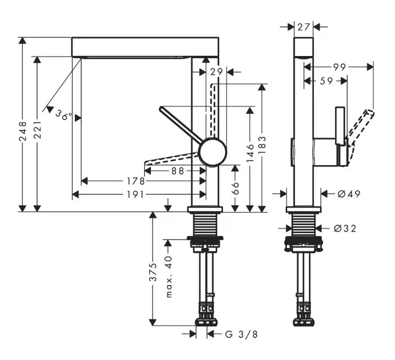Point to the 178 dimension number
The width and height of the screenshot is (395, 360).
(x=135, y=181)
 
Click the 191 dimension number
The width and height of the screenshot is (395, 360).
(x=135, y=195)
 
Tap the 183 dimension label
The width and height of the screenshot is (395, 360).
(x=262, y=146)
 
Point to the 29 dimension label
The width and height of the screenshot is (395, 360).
(x=216, y=71)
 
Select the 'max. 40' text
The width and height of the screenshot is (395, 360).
(x=169, y=275)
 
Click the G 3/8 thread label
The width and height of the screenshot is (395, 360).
(x=236, y=334)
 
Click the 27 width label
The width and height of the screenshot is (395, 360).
(x=304, y=26)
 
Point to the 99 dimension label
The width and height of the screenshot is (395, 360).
(x=340, y=67)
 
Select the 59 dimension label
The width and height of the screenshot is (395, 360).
(x=326, y=81)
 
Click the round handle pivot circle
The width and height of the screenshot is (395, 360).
(x=213, y=153)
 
